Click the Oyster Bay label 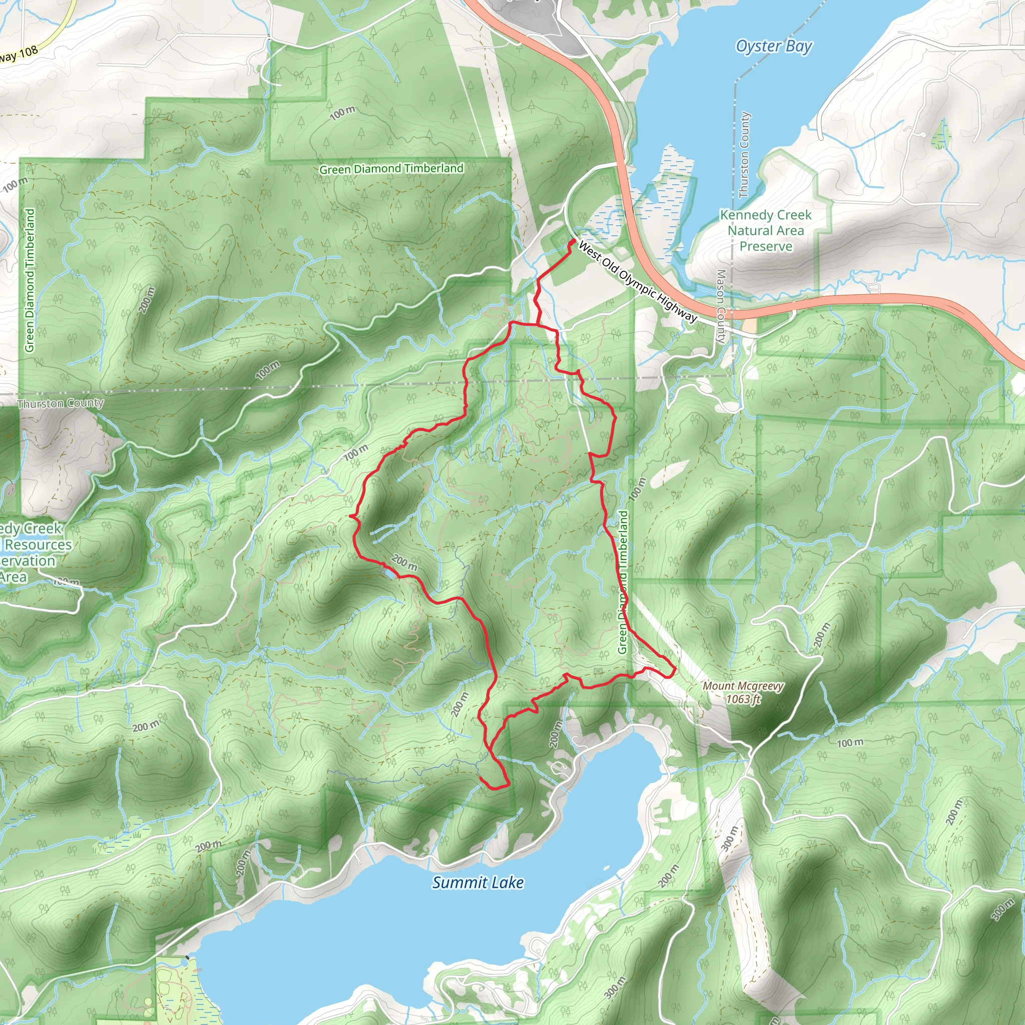[774, 47]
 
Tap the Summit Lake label [477, 882]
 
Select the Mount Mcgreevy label [743, 686]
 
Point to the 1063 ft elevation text [743, 699]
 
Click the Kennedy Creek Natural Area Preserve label [766, 230]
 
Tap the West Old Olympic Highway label [637, 281]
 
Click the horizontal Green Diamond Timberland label [391, 169]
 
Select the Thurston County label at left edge [60, 403]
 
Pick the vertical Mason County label [721, 306]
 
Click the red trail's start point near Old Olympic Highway [574, 241]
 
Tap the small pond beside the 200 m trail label [389, 575]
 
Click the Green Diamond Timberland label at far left [30, 280]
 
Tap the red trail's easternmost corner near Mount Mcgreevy [674, 670]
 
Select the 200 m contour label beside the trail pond [404, 563]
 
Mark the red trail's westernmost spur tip [350, 515]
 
